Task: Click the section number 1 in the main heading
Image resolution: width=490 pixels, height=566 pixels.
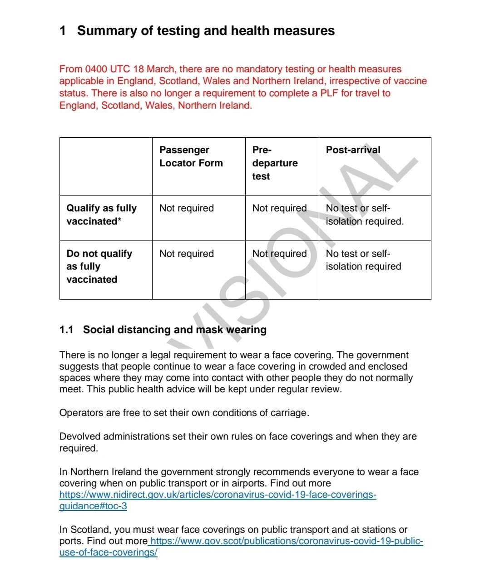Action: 63,31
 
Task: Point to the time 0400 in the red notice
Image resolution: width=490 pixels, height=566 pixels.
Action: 96,69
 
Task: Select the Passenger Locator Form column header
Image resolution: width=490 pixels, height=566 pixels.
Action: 191,156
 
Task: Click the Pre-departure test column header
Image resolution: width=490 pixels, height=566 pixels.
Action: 275,163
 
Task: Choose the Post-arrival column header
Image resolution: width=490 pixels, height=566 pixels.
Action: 353,150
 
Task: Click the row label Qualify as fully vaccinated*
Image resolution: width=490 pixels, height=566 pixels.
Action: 101,215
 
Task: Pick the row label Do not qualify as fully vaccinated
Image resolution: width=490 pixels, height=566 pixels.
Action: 99,266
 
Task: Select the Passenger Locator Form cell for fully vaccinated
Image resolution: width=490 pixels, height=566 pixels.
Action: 186,208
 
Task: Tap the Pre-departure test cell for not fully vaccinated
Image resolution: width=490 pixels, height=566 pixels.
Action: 279,254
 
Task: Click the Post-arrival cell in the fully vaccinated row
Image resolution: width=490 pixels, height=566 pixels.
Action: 364,215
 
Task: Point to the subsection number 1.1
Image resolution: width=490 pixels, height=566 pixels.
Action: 66,330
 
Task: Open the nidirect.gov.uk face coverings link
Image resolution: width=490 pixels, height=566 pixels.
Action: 218,495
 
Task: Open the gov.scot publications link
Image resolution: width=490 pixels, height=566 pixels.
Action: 286,541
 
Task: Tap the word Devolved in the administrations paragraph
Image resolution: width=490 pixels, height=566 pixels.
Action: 80,436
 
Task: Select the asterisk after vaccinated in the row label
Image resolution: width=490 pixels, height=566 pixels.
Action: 119,220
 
